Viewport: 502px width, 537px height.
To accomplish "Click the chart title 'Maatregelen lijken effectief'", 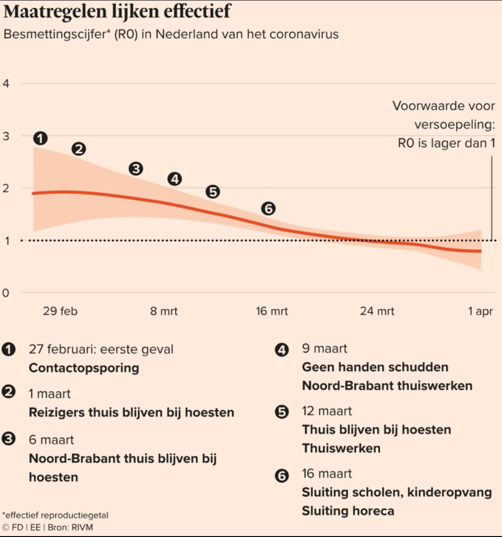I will click(x=117, y=12).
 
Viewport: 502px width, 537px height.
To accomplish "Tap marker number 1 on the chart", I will click(x=40, y=138).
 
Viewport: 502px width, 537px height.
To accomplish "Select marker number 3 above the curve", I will click(x=136, y=168).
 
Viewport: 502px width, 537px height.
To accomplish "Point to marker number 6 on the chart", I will click(x=268, y=208).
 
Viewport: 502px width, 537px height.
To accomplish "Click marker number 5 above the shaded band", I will click(x=212, y=192).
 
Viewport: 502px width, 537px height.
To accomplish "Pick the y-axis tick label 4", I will click(x=6, y=84).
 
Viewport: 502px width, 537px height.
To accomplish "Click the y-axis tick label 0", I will click(x=6, y=293).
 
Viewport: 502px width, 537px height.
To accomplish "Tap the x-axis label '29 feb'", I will click(x=60, y=311).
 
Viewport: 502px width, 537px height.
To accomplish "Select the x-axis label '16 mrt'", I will click(x=271, y=311).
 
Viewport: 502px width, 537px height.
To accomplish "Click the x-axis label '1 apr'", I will click(x=480, y=311).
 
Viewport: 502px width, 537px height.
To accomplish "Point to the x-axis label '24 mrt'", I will click(x=377, y=311).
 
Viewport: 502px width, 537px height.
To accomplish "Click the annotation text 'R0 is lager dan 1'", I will click(x=446, y=143).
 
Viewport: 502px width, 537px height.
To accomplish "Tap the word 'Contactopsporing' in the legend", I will click(x=84, y=368).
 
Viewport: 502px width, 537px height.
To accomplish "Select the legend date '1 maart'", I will click(x=50, y=394).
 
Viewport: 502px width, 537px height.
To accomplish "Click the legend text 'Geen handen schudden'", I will click(x=375, y=367).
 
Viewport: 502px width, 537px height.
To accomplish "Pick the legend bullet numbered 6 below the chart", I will click(x=282, y=476).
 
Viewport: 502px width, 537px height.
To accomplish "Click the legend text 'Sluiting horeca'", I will click(x=348, y=511).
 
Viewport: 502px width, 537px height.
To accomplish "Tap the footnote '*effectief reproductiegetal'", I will click(x=55, y=515).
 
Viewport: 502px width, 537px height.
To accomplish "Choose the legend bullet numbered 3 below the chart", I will click(x=9, y=439).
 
